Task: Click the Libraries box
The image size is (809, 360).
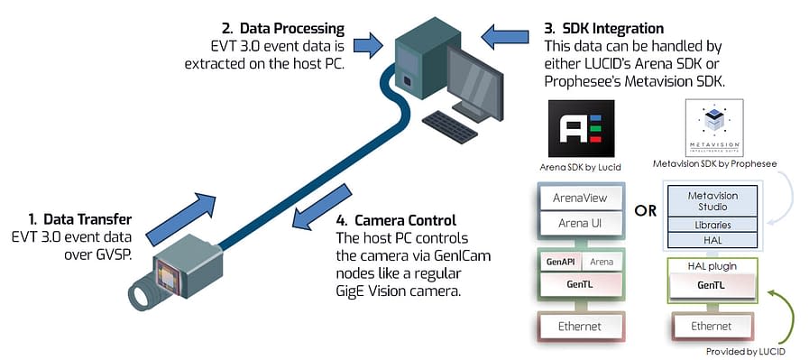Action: [712, 224]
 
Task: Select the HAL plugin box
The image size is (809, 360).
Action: [712, 266]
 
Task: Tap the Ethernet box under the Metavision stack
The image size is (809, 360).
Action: [712, 325]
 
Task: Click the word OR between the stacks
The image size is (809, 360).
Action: [645, 211]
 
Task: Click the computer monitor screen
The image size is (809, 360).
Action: [476, 75]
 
